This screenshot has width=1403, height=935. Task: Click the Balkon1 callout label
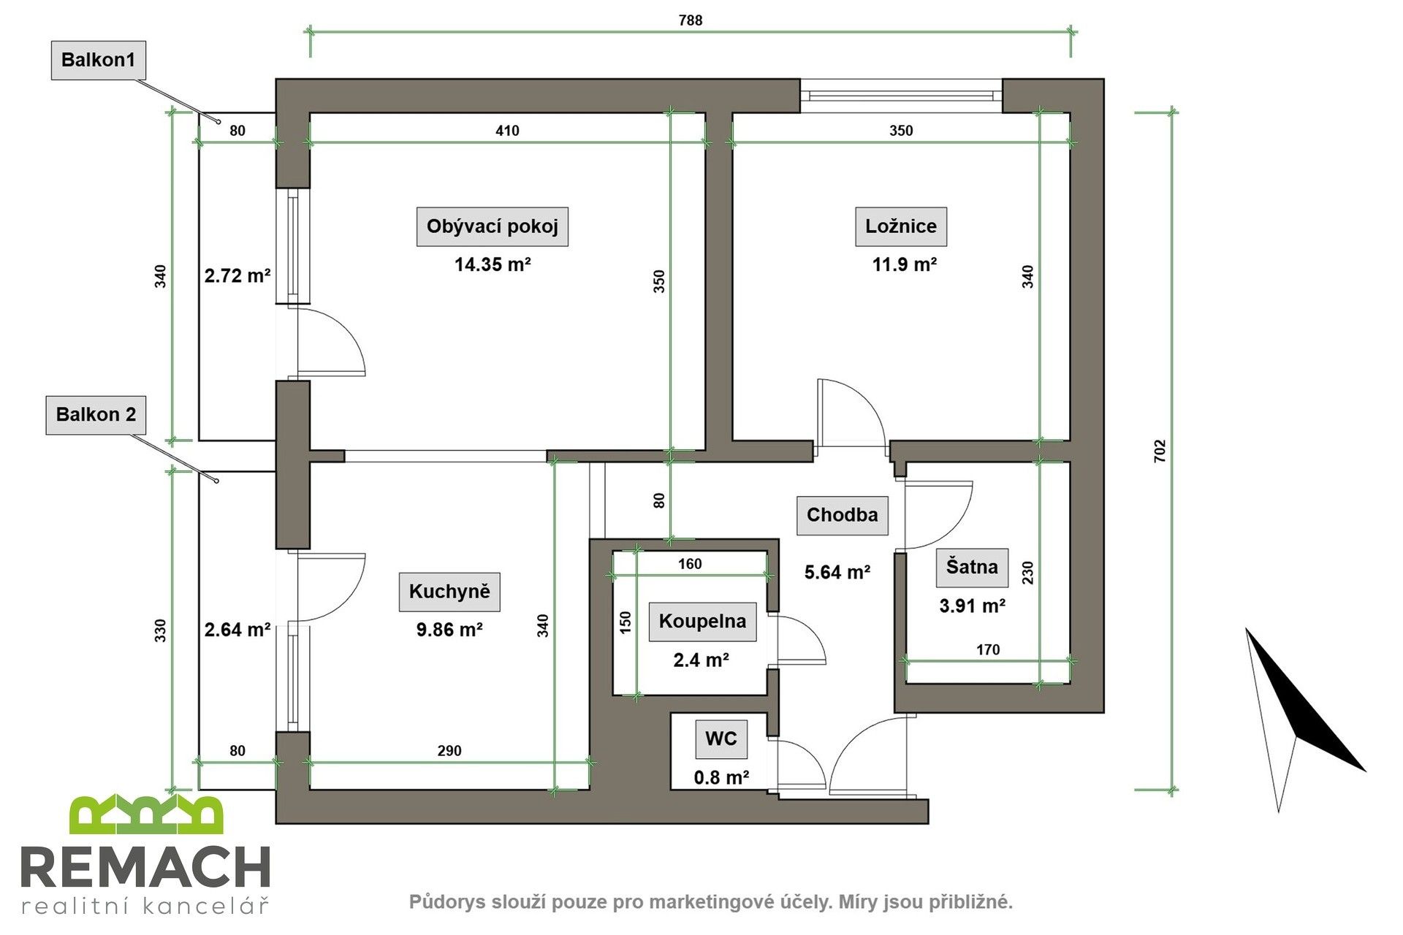pos(98,60)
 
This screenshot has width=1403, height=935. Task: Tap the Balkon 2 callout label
pos(96,415)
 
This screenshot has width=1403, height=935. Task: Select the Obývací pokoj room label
pos(492,226)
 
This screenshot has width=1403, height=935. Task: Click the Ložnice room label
pos(900,226)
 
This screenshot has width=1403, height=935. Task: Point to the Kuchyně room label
pos(449,591)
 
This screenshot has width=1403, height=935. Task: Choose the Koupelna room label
pos(702,622)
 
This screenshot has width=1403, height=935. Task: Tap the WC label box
pos(720,739)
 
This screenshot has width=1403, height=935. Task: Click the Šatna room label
pos(971,567)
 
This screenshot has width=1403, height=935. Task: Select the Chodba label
pos(842,515)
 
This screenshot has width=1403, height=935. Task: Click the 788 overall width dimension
pos(691,20)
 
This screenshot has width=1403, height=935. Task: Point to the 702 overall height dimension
pos(1160,451)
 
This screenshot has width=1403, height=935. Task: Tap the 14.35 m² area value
pos(492,264)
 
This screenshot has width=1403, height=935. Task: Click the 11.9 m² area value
pos(904,264)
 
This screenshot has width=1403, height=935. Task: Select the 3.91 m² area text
pos(971,606)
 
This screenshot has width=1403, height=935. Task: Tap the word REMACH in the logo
pos(145,869)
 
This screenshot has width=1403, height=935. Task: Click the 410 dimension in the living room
pos(507,131)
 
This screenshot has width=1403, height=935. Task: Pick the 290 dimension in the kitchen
pos(449,751)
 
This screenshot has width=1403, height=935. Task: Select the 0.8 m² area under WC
pos(720,777)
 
